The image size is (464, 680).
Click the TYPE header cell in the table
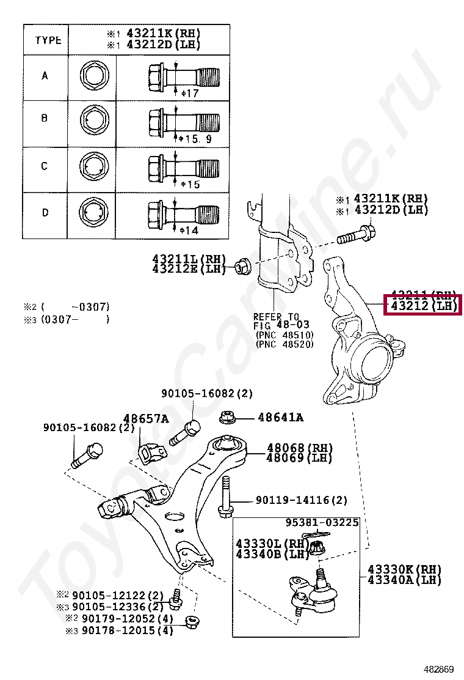pos(48,40)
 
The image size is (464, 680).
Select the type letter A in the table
pos(45,76)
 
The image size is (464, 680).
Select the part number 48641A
pos(280,418)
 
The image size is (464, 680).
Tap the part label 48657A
pos(146,418)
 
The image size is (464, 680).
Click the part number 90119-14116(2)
pos(301,500)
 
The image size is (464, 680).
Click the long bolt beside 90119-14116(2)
pos(224,495)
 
